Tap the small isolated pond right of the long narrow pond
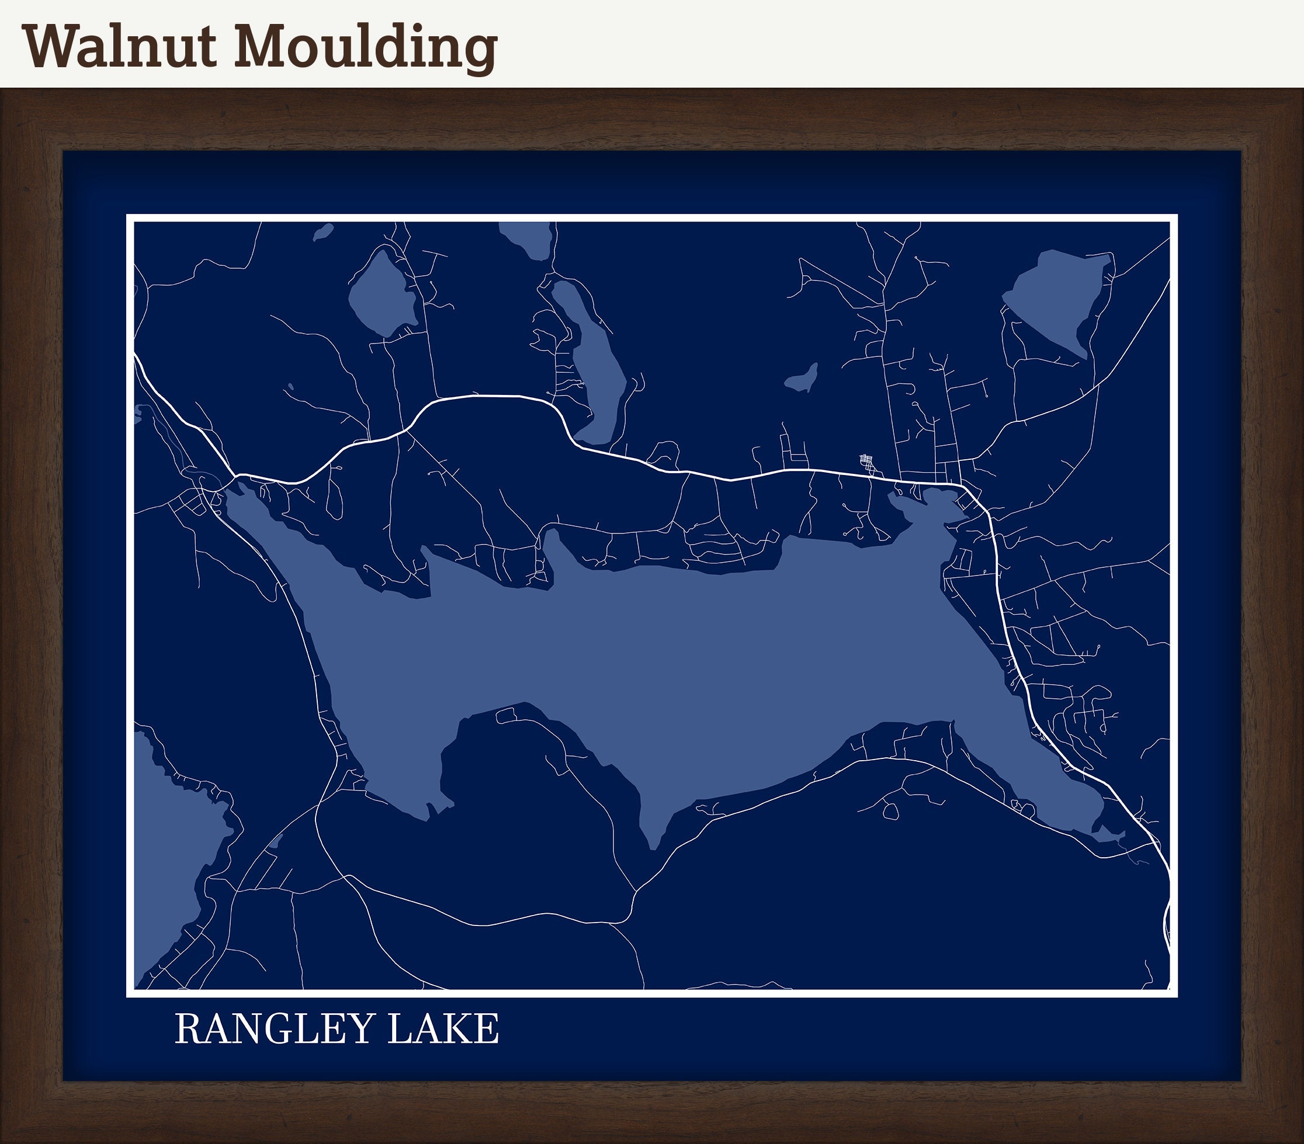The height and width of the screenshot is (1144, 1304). point(802,380)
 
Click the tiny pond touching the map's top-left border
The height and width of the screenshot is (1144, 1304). point(324,232)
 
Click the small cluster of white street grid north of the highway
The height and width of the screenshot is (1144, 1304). point(868,463)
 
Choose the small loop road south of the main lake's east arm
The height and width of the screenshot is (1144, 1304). point(890,811)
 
